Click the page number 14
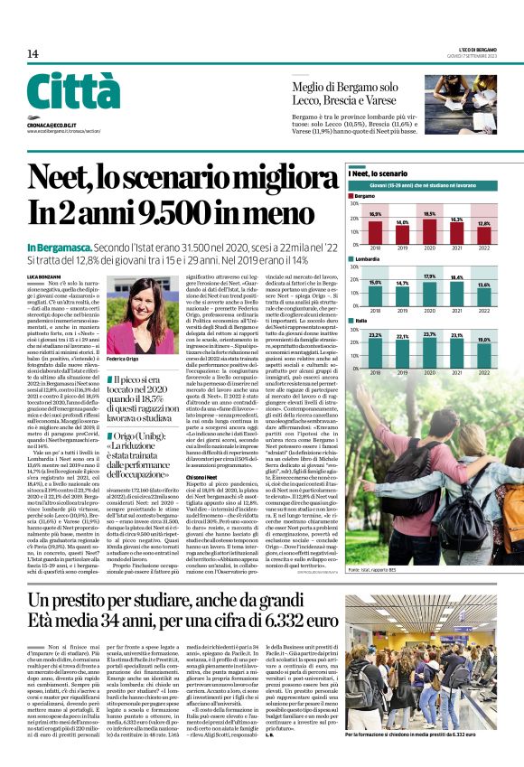(33, 53)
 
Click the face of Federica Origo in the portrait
(142, 298)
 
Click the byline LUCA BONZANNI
(45, 275)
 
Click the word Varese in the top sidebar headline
(381, 101)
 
